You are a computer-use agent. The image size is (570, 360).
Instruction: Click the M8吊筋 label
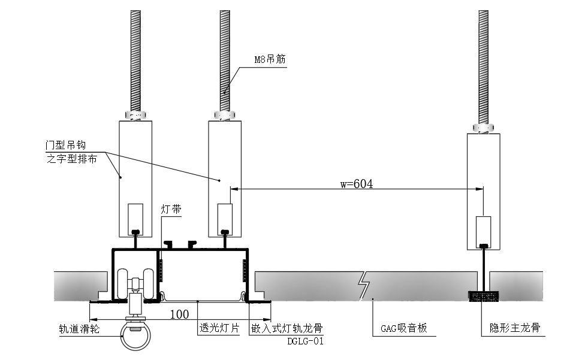coord(271,60)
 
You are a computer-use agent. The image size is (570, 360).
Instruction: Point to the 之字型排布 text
coord(71,159)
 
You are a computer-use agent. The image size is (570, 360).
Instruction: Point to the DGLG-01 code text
coord(305,341)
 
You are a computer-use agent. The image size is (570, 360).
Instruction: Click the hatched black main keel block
coord(483,296)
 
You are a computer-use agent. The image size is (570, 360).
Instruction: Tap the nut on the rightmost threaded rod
coord(483,128)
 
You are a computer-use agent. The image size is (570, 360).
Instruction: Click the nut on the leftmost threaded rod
coord(135,114)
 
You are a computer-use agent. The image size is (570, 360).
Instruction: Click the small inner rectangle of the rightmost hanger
coord(483,230)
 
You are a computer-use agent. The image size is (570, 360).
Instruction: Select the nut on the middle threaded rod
coord(225,114)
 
